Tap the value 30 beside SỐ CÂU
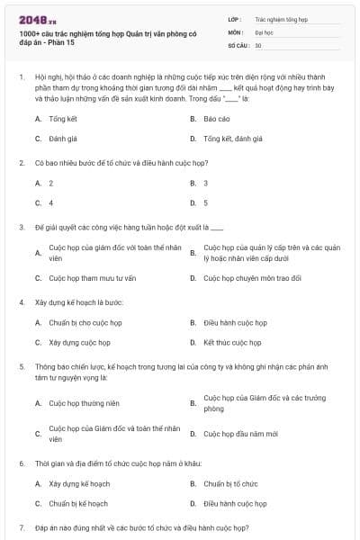(x=257, y=44)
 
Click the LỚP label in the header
(x=234, y=18)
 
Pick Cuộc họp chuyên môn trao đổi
(x=252, y=278)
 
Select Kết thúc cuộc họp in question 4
(x=231, y=343)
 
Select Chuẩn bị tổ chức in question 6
(x=230, y=483)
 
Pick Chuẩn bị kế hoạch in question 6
(x=78, y=504)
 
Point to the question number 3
(x=22, y=227)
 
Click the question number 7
(x=22, y=526)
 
